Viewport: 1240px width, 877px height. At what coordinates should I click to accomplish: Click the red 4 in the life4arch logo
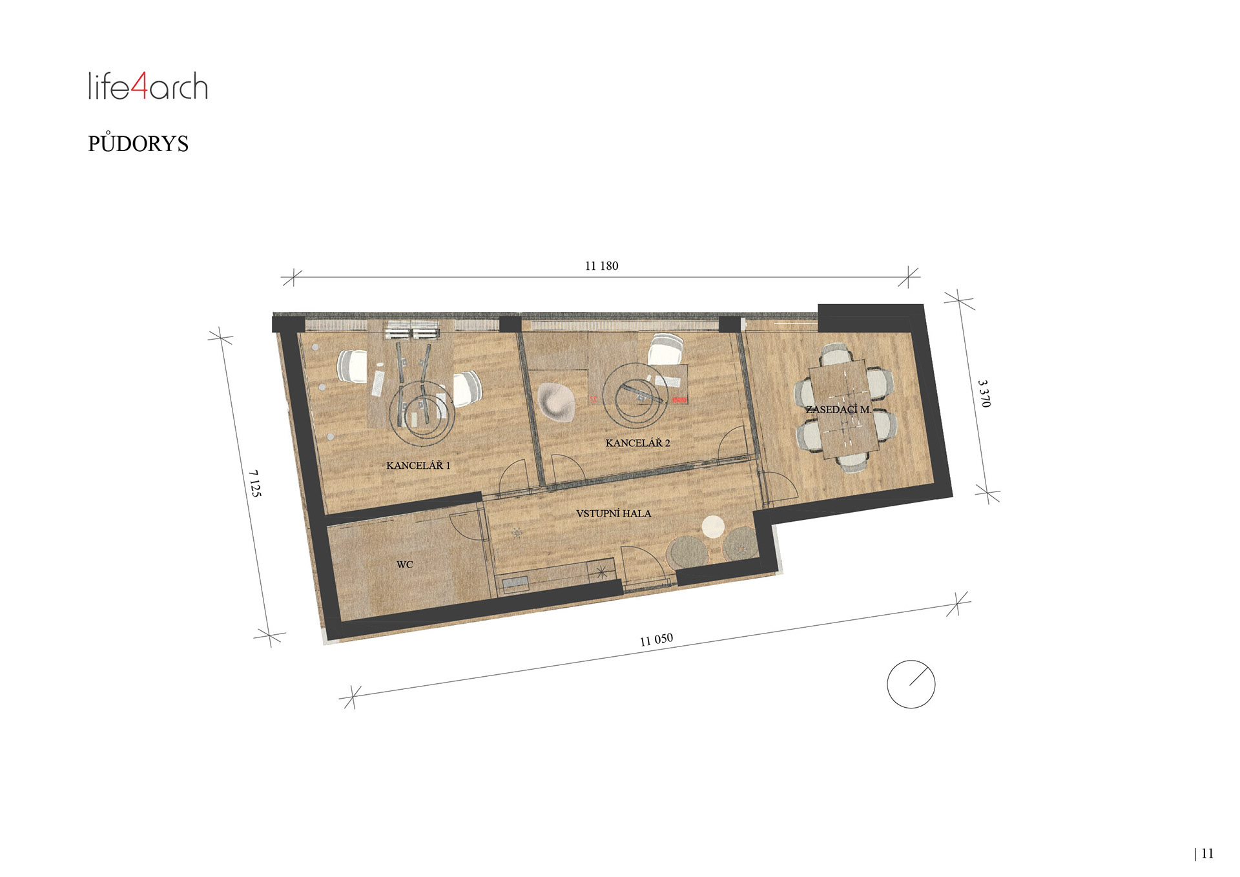[139, 86]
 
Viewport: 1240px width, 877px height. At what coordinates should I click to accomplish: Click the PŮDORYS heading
[138, 143]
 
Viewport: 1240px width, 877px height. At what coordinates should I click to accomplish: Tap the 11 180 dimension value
[601, 266]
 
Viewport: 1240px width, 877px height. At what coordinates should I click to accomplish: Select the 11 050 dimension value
[656, 639]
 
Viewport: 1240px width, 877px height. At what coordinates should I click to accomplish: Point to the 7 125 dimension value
[255, 483]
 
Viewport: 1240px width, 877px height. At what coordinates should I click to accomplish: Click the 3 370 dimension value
[984, 393]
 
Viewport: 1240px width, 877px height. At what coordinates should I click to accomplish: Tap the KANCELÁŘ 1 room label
[418, 465]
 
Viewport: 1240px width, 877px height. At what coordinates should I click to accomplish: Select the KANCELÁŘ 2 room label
[637, 442]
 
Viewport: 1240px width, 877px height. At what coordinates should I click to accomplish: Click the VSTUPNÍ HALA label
[614, 513]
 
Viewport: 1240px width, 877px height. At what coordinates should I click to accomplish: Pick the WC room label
[404, 564]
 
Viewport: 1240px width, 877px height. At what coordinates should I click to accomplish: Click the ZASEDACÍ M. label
[838, 409]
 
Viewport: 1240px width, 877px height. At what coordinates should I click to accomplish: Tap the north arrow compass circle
[911, 684]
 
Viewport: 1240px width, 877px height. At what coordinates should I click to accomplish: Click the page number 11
[1207, 854]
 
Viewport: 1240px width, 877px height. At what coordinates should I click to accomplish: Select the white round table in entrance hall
[713, 527]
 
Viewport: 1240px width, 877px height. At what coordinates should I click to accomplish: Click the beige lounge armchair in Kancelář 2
[556, 401]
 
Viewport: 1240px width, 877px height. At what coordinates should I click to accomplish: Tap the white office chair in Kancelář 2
[665, 349]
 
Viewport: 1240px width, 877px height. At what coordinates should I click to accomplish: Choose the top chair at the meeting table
[836, 353]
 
